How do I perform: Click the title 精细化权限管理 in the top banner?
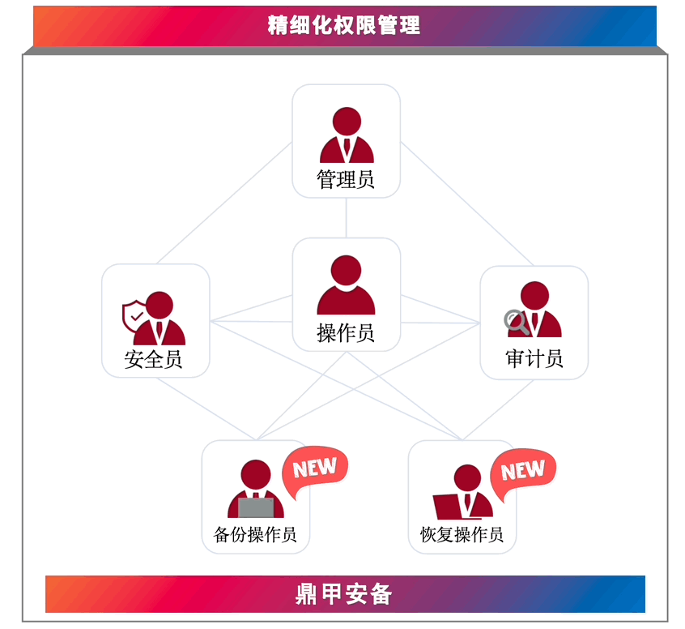343,24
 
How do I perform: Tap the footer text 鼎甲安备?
343,594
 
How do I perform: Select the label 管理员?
346,179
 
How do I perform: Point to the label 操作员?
346,332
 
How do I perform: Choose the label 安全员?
154,359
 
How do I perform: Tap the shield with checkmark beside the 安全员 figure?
134,315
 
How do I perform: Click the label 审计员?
534,359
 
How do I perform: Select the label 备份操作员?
255,535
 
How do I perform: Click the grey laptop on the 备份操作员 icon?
257,508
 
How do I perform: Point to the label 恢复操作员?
462,535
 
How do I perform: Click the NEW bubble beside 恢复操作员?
523,471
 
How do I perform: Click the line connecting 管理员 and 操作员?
347,217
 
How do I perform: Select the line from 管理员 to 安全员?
223,203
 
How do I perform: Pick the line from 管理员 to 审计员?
467,203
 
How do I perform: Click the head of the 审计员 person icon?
534,295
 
